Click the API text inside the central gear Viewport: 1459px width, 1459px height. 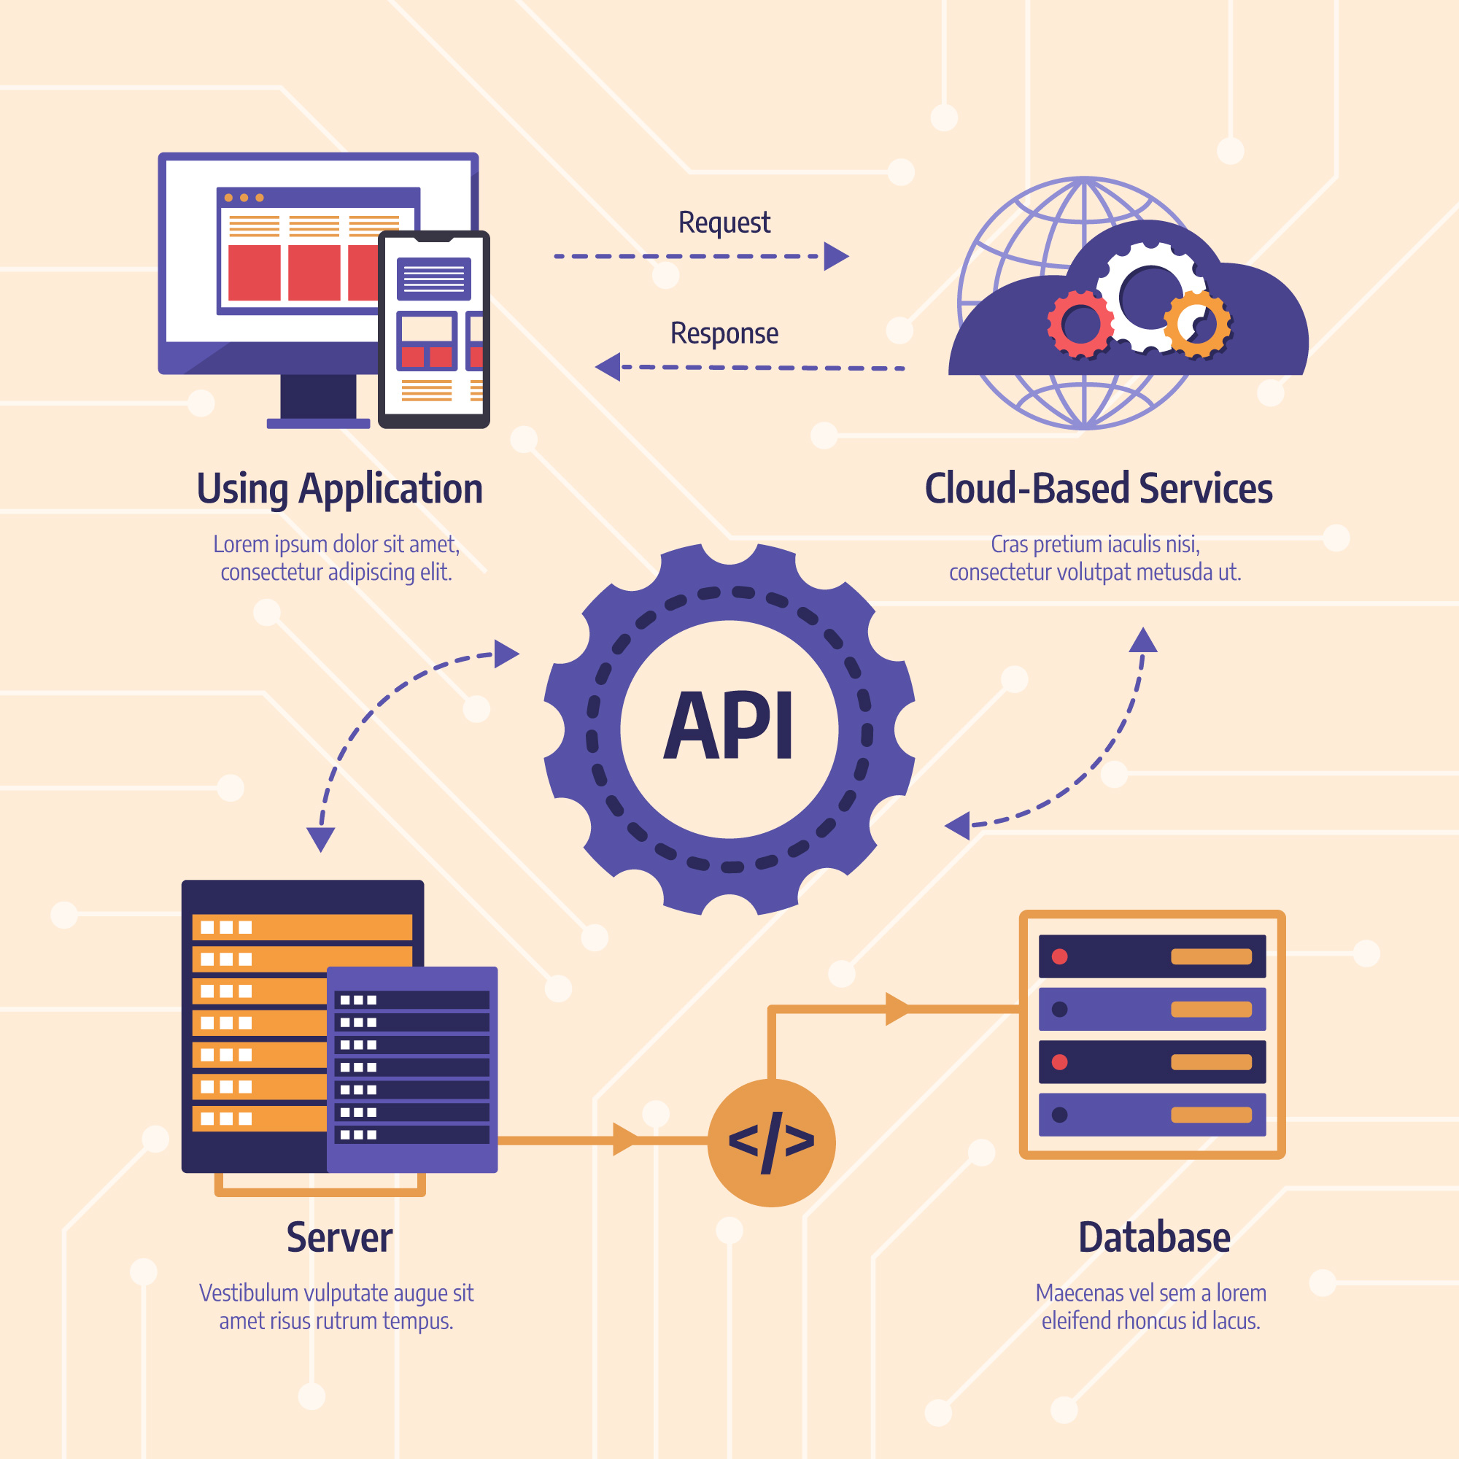pos(729,727)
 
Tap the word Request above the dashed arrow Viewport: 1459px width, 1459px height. pos(724,222)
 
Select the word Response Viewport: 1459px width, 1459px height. pos(724,333)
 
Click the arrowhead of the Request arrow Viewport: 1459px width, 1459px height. pos(835,256)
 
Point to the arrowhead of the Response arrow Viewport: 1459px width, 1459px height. pos(608,367)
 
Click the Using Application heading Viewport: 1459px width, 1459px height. pos(339,489)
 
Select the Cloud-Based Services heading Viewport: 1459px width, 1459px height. pos(1098,489)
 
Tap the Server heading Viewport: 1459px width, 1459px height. pos(339,1237)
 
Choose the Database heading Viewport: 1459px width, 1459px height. pos(1153,1237)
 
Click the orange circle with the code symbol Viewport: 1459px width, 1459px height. pos(771,1142)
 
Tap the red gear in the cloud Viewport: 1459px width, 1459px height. pos(1080,324)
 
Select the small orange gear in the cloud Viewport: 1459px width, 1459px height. pos(1198,325)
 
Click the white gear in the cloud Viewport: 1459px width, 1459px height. pos(1147,296)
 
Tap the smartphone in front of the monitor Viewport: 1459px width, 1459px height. pos(433,329)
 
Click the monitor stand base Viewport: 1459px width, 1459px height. pos(318,423)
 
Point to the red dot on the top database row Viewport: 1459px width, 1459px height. pos(1059,957)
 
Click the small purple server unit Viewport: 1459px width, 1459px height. pos(412,1069)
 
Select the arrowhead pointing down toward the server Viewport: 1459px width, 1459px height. pos(320,839)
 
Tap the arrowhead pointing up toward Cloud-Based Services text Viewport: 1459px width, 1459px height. pos(1142,641)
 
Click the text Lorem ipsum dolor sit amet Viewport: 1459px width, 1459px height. pos(336,543)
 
